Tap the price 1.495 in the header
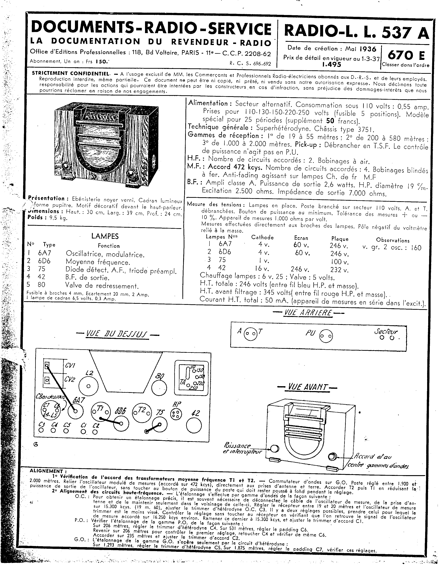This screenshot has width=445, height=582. tap(332, 64)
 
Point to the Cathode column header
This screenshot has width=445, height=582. tap(262, 237)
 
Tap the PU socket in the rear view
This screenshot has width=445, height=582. tap(326, 336)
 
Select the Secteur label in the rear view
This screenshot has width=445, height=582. tap(386, 331)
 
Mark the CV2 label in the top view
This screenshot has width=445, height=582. tap(70, 379)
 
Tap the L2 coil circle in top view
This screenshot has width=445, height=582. tap(88, 386)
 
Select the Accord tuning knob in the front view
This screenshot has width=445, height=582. tap(332, 457)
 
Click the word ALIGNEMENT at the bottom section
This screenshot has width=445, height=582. tap(46, 471)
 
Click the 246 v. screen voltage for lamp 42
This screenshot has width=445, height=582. tap(300, 270)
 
